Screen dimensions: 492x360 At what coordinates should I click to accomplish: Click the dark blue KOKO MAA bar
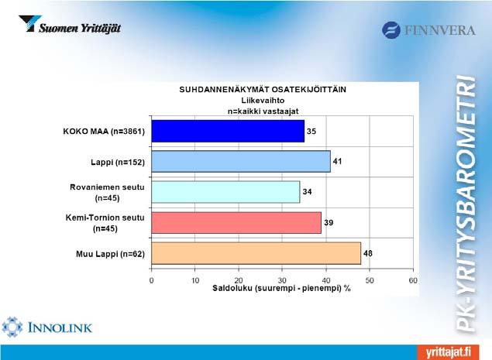tap(228, 131)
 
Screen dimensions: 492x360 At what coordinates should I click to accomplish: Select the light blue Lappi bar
tap(241, 162)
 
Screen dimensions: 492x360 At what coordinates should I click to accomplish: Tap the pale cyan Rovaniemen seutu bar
tap(225, 192)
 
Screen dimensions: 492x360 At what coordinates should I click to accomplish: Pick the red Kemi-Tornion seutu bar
tap(236, 223)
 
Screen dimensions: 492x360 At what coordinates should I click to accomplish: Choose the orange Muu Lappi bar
tap(256, 253)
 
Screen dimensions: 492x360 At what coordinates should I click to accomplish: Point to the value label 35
tap(311, 131)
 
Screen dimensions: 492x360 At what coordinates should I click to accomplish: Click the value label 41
tap(337, 162)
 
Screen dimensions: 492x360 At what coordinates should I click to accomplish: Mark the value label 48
tap(368, 253)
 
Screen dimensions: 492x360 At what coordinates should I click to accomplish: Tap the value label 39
tap(329, 223)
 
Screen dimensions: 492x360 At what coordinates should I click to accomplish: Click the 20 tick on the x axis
tap(239, 280)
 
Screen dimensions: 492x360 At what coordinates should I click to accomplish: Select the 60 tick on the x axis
tap(413, 280)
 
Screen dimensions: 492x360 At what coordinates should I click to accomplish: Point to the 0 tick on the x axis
tap(152, 280)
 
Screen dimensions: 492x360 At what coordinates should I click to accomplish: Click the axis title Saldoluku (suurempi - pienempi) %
tap(281, 288)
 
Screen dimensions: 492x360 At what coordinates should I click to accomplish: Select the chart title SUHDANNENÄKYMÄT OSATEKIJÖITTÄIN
tap(263, 90)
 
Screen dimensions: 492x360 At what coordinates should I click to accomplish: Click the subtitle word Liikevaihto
tap(263, 101)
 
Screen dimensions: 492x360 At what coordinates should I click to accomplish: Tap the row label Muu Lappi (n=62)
tap(111, 254)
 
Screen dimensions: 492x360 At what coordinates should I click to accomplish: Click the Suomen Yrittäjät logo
tap(70, 25)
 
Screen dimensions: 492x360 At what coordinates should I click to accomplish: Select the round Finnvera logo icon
tap(391, 30)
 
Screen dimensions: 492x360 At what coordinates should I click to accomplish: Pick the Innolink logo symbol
tap(12, 327)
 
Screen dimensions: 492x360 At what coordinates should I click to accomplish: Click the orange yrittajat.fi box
tap(448, 352)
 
